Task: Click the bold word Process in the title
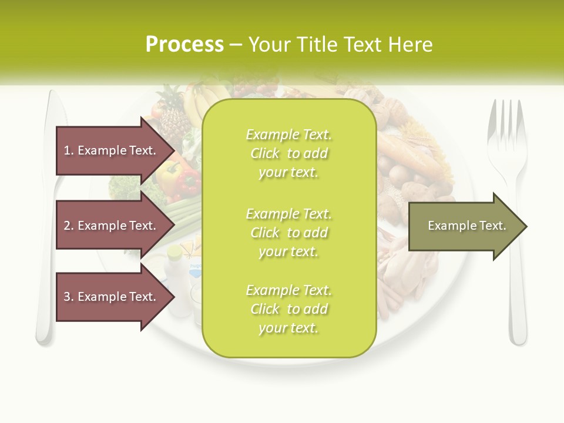(x=184, y=45)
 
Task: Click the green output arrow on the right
(x=467, y=226)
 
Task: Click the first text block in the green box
(x=288, y=153)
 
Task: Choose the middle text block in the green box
(x=288, y=233)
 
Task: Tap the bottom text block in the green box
(x=288, y=309)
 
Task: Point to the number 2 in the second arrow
(x=67, y=226)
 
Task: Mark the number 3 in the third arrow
(x=67, y=297)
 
